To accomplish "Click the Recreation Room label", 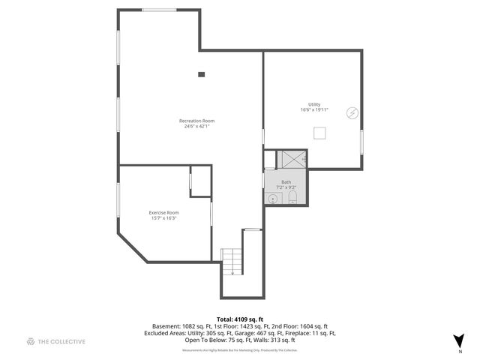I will [x=196, y=121].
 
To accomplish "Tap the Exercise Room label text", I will [x=163, y=212].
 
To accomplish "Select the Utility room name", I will [x=313, y=104].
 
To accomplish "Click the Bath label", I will [x=286, y=181].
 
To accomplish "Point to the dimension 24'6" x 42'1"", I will [x=196, y=126].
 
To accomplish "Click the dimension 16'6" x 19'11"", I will [x=313, y=110].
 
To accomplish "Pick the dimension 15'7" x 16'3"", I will [x=163, y=218].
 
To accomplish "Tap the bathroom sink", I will [x=273, y=198].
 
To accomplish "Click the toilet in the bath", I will [x=292, y=198].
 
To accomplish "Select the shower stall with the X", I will [x=291, y=159].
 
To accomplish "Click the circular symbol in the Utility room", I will [x=351, y=113].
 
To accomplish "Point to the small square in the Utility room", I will [x=319, y=133].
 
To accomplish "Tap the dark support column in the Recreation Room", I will [x=201, y=74].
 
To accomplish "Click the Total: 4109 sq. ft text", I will [x=240, y=319].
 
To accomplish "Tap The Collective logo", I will [x=56, y=341].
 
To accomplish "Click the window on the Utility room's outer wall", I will [x=361, y=141].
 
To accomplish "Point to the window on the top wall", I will [x=160, y=10].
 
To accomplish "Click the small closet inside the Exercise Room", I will [x=200, y=181].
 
